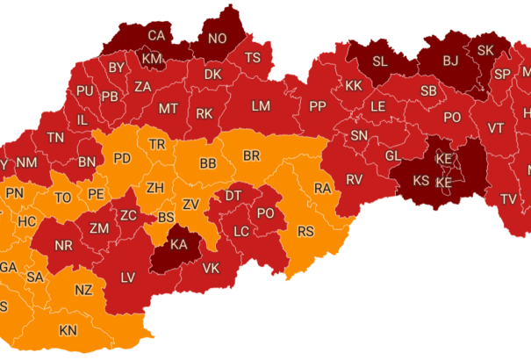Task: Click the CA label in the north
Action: coord(156,36)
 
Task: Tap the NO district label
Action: coord(216,39)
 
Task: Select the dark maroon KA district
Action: coord(178,247)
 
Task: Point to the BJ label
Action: coord(450,61)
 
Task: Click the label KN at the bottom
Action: coord(68,331)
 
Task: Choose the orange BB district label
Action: coord(208,163)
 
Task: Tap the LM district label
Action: coord(261,106)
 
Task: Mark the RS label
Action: coord(305,232)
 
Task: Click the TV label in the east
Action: coord(508,199)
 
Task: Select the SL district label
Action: coord(380,61)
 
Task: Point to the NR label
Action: coord(64,246)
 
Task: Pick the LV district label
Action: coord(128,277)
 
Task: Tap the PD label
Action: coord(123,159)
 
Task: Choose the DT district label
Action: coord(234,196)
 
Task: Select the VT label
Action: coord(496,128)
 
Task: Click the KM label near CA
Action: coord(153,59)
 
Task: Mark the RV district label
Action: coord(355,179)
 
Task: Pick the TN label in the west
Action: coord(55,138)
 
